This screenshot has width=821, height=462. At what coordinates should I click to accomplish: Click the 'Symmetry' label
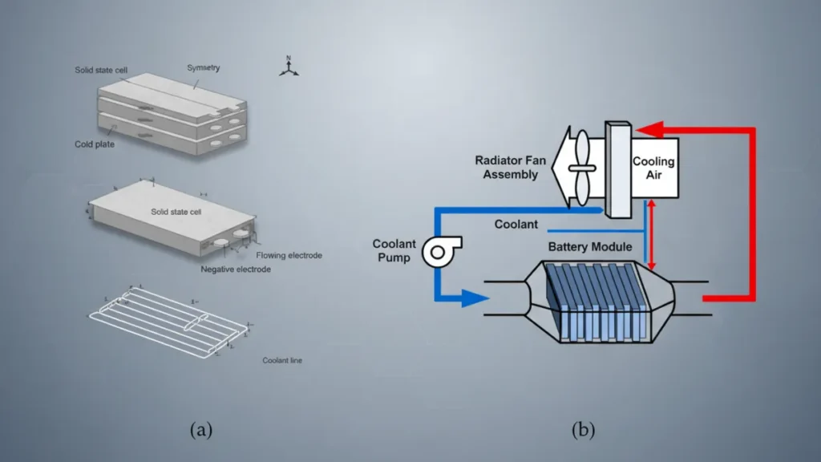[204, 68]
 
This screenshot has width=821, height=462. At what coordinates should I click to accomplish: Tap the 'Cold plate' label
[95, 144]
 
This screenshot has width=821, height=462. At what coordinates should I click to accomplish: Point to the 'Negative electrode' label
[236, 269]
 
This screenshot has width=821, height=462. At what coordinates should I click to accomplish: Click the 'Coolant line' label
[282, 360]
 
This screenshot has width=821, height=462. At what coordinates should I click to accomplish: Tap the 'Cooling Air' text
[653, 168]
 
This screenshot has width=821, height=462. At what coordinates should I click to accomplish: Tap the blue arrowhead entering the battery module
[475, 299]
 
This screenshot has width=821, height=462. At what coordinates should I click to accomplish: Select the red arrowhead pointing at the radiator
[650, 129]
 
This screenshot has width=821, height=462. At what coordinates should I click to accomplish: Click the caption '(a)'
[201, 430]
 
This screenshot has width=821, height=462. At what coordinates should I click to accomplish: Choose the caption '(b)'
[583, 430]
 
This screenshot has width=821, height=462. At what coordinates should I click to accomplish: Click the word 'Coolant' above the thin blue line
[516, 225]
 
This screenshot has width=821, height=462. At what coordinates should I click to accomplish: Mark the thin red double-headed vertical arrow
[651, 234]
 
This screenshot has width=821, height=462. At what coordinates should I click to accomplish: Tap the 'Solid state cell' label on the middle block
[176, 212]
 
